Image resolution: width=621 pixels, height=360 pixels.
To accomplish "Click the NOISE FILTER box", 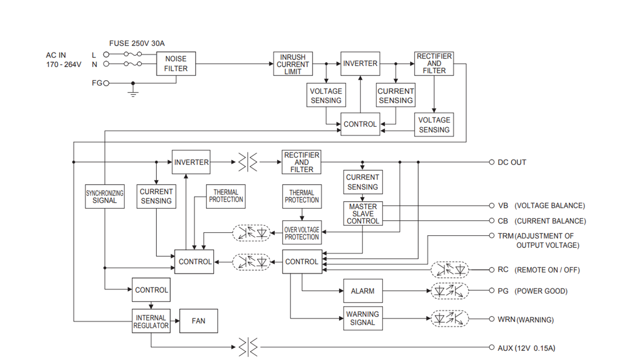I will pyautogui.click(x=176, y=64).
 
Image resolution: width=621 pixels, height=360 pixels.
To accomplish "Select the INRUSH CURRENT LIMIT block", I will pyautogui.click(x=292, y=64).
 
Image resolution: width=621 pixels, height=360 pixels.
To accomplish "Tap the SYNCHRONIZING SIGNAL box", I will pyautogui.click(x=105, y=197).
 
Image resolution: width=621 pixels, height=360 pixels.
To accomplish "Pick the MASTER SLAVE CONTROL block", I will pyautogui.click(x=362, y=214).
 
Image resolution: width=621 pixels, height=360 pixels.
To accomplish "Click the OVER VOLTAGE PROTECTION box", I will pyautogui.click(x=302, y=233).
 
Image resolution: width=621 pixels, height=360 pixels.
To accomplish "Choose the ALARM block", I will pyautogui.click(x=362, y=291).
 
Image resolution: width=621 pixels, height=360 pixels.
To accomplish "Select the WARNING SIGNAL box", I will pyautogui.click(x=362, y=318).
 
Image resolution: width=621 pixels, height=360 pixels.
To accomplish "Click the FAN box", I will pyautogui.click(x=198, y=321).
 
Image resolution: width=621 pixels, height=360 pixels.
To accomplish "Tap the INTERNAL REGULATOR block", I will pyautogui.click(x=151, y=322).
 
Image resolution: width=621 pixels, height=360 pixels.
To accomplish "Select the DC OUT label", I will pyautogui.click(x=511, y=162).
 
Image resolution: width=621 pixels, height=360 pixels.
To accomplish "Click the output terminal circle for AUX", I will pyautogui.click(x=492, y=348).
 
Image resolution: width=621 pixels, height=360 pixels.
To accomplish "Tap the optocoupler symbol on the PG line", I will pyautogui.click(x=450, y=291).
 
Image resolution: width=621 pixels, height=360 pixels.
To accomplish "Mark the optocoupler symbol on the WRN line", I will pyautogui.click(x=450, y=319).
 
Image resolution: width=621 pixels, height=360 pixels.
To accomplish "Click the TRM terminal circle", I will pyautogui.click(x=492, y=236).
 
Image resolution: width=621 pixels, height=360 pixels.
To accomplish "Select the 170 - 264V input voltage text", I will pyautogui.click(x=64, y=65).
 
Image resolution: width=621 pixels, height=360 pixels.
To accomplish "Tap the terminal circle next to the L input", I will pyautogui.click(x=107, y=54).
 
